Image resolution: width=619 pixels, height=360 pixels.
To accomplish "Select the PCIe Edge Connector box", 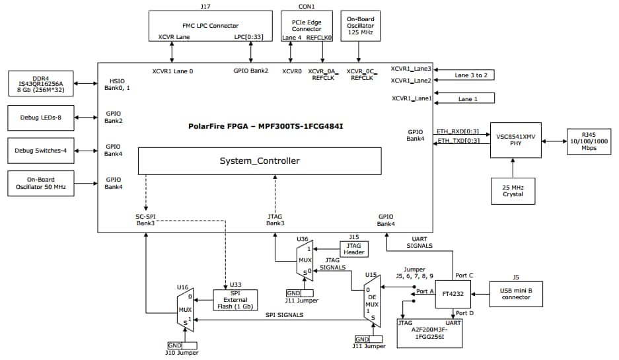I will [307, 26].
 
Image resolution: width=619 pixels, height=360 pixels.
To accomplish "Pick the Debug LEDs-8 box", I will [40, 117].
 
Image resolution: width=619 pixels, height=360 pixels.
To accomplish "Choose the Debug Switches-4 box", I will [40, 151].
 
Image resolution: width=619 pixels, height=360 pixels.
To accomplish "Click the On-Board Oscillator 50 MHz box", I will [40, 184].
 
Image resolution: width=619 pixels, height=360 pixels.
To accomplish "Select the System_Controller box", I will [259, 161].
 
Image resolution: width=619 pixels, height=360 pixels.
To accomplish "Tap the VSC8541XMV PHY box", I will [516, 139].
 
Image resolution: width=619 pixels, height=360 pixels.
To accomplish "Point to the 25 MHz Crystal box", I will [513, 190].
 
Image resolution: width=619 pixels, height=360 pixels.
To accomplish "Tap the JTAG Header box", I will [353, 248].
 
